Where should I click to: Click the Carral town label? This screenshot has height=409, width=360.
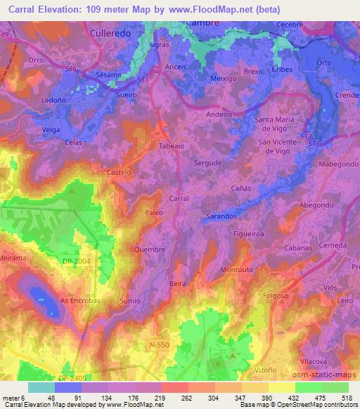tap(179, 199)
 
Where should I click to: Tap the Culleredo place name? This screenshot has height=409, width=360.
tap(112, 32)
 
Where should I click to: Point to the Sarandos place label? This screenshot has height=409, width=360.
tap(221, 217)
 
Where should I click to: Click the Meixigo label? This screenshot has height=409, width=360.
tap(224, 79)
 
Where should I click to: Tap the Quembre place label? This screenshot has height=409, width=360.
tap(150, 249)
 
